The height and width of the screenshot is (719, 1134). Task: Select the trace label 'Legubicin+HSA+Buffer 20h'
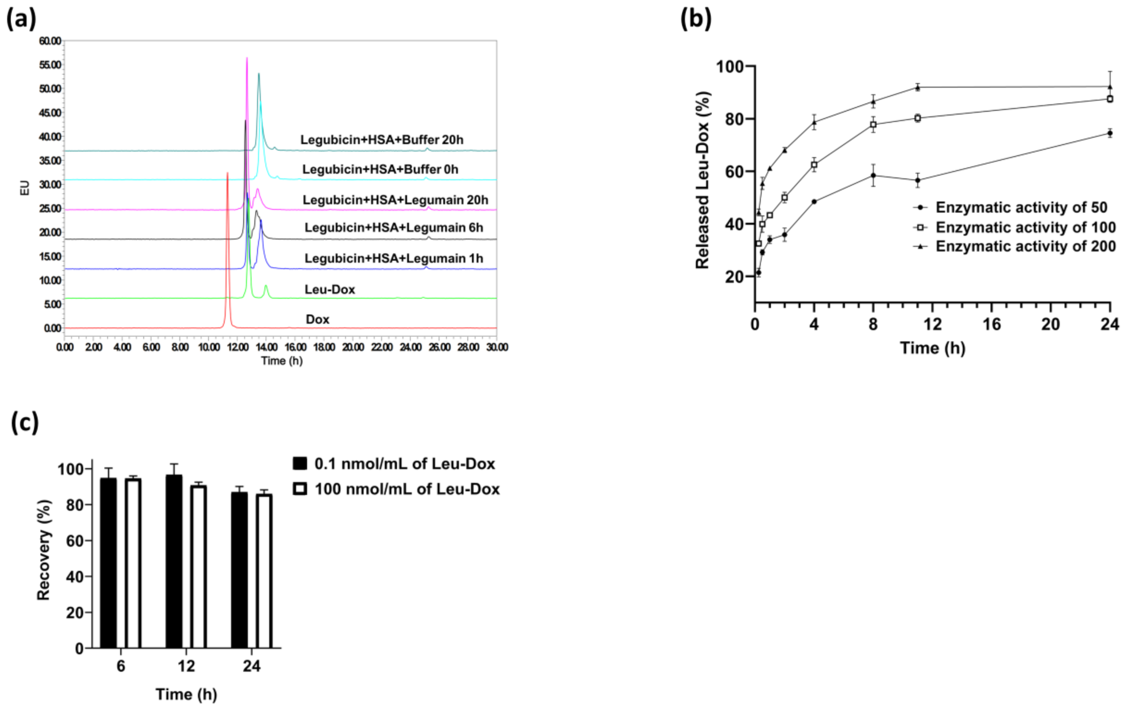pyautogui.click(x=382, y=140)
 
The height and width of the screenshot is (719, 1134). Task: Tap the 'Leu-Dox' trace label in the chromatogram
pyautogui.click(x=330, y=290)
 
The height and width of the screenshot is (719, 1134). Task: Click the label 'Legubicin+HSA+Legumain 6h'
pyautogui.click(x=394, y=228)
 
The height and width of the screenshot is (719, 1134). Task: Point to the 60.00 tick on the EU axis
pyautogui.click(x=50, y=41)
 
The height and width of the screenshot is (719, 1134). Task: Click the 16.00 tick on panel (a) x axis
pyautogui.click(x=295, y=347)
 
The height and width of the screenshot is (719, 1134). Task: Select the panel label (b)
pyautogui.click(x=696, y=19)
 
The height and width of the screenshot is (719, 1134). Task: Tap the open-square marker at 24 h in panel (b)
pyautogui.click(x=1110, y=99)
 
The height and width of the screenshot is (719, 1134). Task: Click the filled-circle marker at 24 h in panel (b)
pyautogui.click(x=1110, y=133)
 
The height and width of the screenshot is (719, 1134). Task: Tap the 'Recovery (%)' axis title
pyautogui.click(x=43, y=550)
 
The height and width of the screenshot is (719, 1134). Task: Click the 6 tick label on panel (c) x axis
pyautogui.click(x=121, y=666)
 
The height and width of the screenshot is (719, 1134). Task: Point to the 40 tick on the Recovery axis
pyautogui.click(x=74, y=577)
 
